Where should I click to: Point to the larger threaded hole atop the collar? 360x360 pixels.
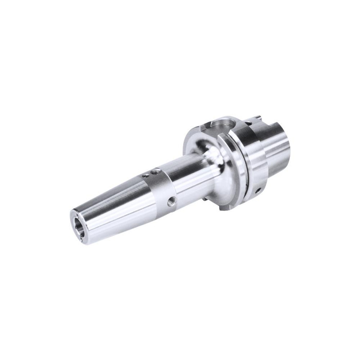click(156, 171)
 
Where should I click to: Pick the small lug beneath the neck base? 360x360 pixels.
click(205, 199)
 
